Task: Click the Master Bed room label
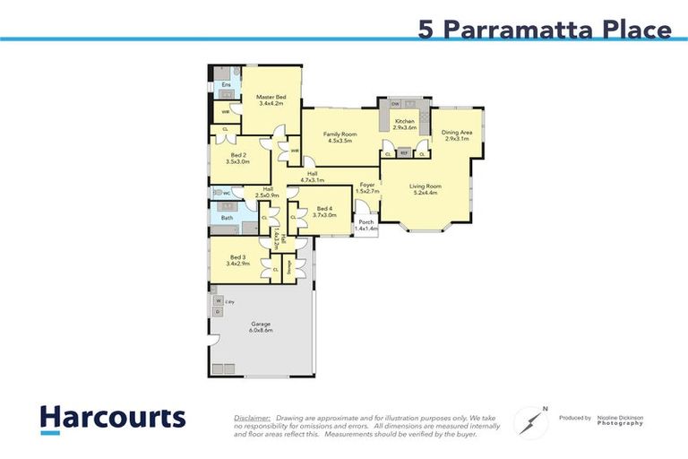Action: coord(271,97)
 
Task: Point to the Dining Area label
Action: coord(456,134)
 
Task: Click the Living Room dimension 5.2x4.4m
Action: coord(426,193)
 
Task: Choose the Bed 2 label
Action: coord(237,155)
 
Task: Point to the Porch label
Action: coord(366,223)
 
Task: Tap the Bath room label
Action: coord(227,218)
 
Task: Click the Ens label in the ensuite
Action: coord(226,84)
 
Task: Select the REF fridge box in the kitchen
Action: coord(404,154)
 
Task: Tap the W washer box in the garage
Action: coord(218,301)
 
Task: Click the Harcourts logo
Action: coord(112,419)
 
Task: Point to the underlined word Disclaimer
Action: coord(252,418)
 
